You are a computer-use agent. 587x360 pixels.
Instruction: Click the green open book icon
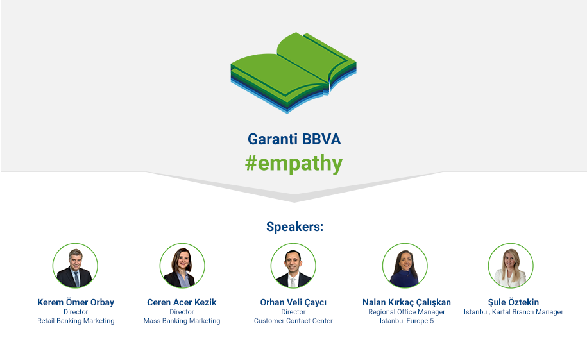294,73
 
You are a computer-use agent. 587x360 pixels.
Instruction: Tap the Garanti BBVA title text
294,139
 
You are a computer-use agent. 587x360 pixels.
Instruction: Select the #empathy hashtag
294,164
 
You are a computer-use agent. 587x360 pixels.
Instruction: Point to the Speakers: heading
294,227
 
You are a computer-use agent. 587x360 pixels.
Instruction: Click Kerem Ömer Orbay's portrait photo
75,266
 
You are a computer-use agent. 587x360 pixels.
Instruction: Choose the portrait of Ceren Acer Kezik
182,266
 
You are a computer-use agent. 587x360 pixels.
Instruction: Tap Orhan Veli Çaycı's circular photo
293,266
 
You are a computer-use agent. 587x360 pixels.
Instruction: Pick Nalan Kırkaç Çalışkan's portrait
405,266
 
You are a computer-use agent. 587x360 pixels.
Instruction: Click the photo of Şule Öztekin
511,266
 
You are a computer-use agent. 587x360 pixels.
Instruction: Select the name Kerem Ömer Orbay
76,302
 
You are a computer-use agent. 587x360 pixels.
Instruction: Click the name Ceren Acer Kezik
182,302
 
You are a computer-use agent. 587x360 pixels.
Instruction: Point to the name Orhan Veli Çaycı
293,302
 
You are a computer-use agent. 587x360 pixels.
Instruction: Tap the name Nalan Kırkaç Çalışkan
407,302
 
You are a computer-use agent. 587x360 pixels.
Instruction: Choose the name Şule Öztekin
513,302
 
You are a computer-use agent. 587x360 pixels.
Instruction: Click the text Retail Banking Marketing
76,321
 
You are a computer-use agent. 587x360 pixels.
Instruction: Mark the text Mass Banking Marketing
182,321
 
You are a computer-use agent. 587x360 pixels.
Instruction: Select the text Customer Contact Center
293,321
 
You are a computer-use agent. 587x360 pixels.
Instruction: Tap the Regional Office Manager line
407,312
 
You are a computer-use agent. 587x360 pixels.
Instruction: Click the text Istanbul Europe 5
407,321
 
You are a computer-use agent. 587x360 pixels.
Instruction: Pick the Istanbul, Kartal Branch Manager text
513,312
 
